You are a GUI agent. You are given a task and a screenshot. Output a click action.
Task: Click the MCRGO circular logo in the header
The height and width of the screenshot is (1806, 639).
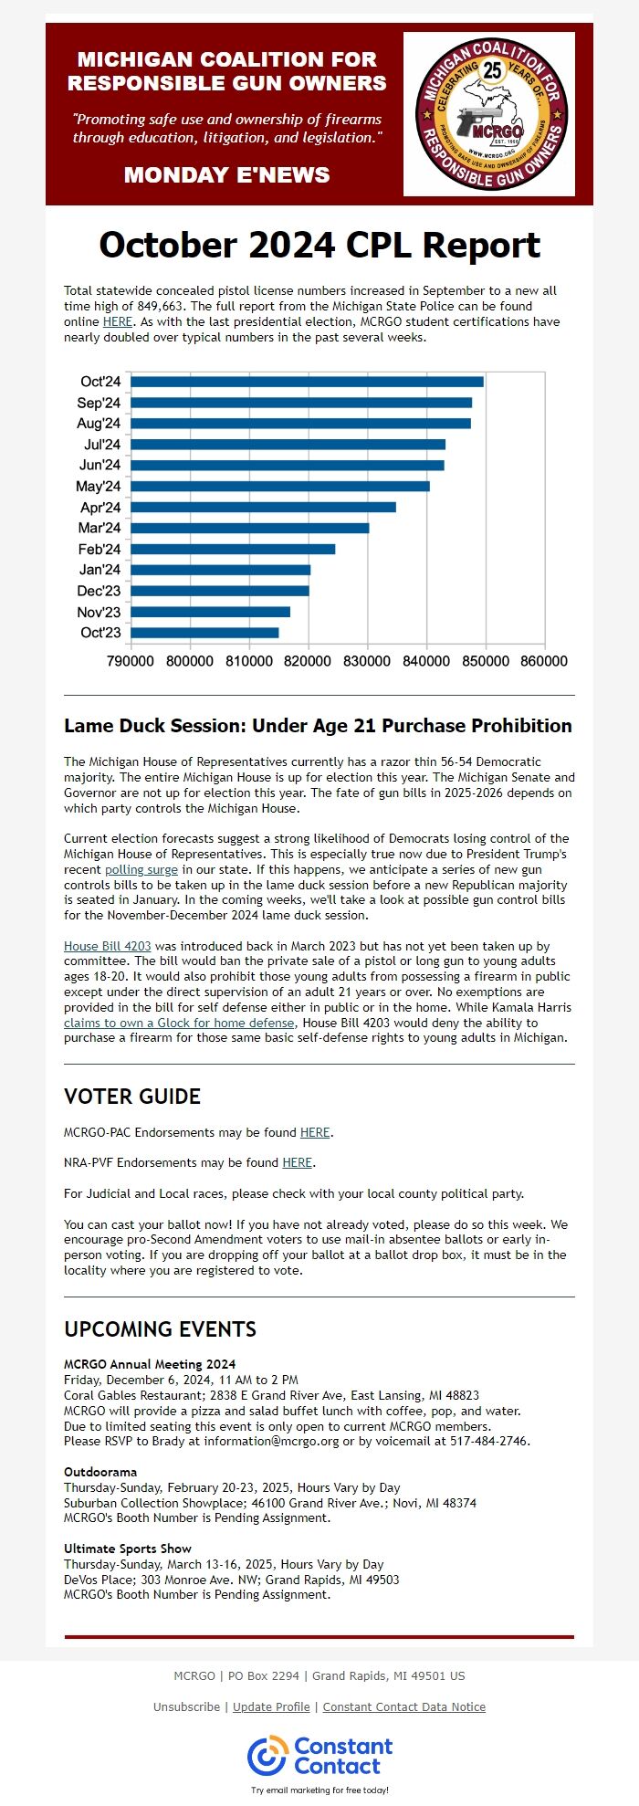click(489, 114)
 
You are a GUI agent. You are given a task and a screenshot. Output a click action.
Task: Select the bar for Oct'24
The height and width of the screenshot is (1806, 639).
click(307, 382)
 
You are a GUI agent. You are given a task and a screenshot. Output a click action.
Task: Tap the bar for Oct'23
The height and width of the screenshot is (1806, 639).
click(204, 633)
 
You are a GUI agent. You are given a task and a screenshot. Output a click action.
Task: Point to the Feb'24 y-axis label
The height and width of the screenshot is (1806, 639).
click(99, 549)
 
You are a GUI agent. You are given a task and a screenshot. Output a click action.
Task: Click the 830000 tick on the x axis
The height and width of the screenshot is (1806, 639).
click(368, 661)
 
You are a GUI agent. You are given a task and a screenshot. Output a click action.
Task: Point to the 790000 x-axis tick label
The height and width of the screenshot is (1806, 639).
click(131, 661)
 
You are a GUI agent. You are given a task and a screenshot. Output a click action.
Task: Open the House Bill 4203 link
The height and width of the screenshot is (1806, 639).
click(107, 946)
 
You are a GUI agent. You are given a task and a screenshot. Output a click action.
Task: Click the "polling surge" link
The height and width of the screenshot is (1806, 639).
click(141, 869)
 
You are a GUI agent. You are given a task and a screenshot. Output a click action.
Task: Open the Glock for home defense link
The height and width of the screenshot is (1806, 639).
click(179, 1023)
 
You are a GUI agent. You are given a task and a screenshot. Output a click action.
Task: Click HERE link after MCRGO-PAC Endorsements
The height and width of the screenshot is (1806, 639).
click(315, 1132)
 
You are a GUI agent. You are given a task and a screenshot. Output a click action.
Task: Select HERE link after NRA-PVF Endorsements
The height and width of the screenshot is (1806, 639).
click(297, 1162)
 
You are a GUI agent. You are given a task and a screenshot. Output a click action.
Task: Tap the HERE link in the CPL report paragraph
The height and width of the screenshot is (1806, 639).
click(117, 321)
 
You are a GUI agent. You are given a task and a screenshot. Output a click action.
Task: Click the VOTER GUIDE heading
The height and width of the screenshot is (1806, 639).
click(132, 1097)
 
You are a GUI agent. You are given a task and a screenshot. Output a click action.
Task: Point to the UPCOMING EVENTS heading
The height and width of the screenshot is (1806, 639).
click(160, 1328)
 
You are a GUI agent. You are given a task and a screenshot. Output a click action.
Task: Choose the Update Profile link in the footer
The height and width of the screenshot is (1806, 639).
click(271, 1706)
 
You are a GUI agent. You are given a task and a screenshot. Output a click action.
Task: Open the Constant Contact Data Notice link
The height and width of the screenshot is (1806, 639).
click(403, 1706)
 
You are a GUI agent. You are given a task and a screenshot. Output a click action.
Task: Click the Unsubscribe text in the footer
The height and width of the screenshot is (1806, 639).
click(186, 1706)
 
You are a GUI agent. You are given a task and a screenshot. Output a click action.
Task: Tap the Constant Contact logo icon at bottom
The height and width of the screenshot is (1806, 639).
click(267, 1756)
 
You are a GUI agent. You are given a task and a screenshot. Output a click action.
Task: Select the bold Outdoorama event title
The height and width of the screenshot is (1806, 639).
click(100, 1472)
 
